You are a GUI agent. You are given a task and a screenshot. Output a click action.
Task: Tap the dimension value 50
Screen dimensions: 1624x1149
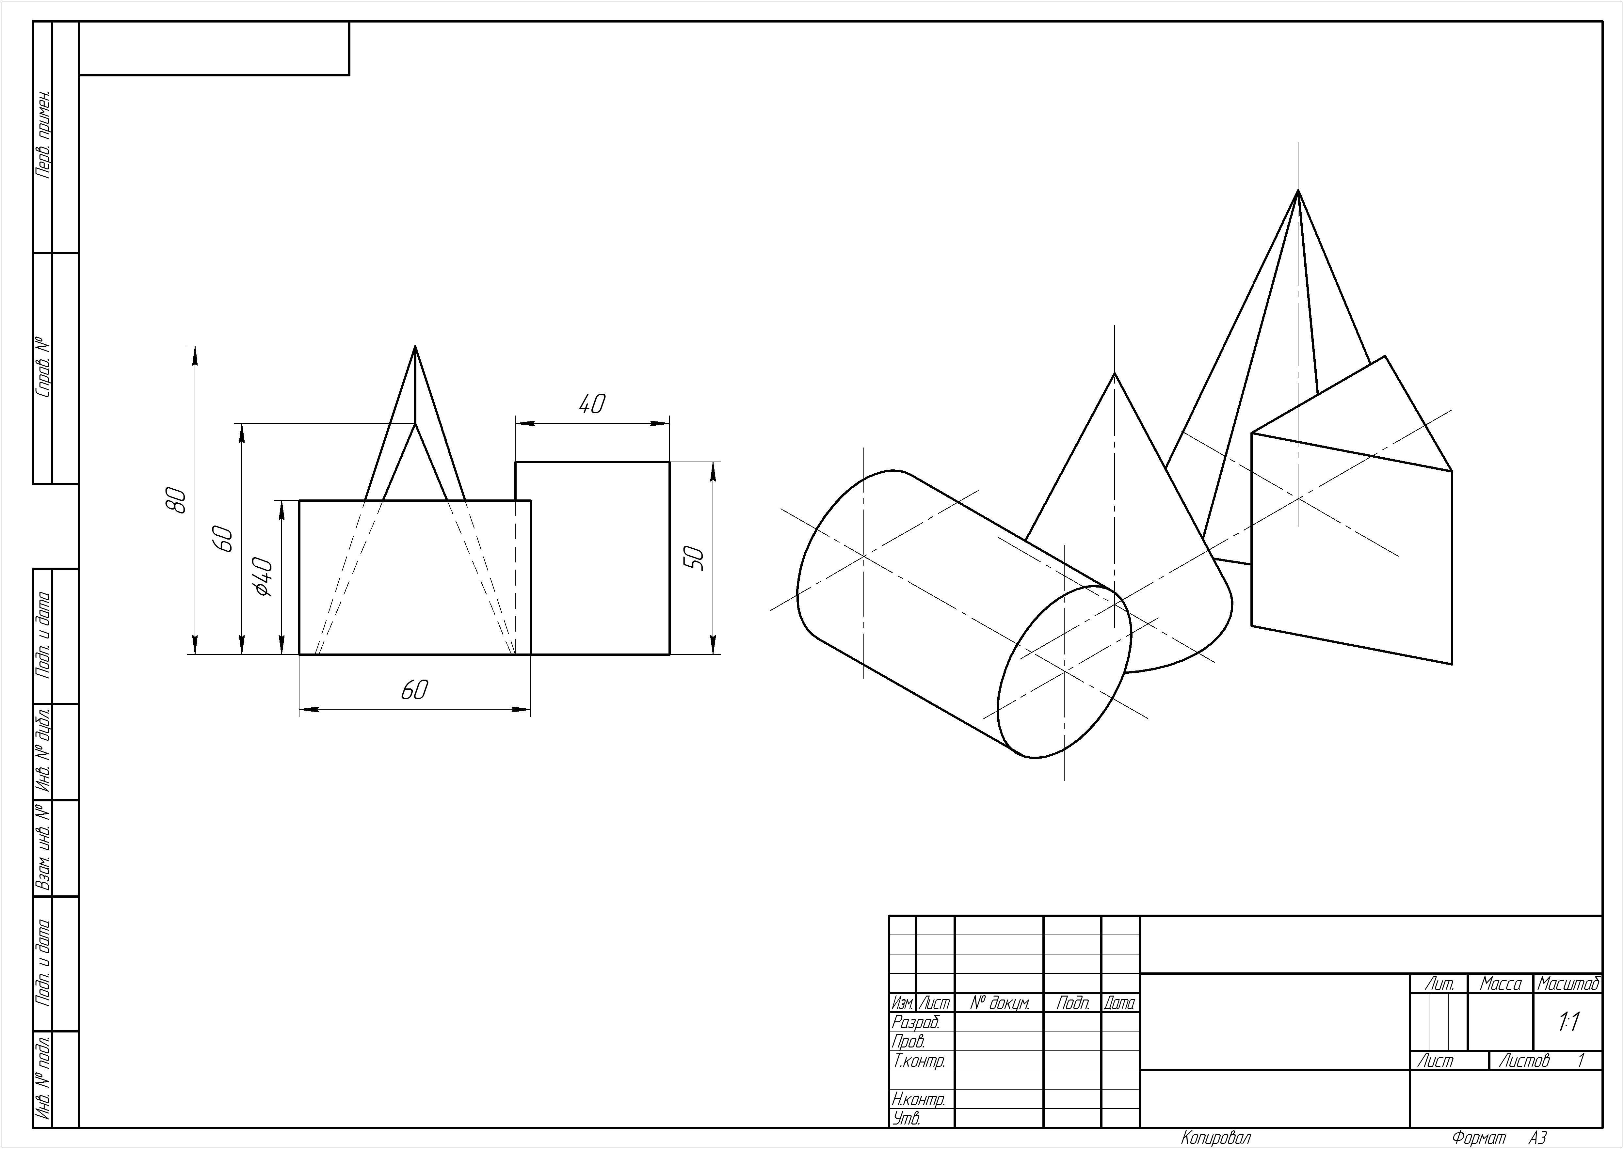pos(694,558)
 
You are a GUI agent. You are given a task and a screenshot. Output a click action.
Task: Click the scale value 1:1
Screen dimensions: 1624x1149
pos(1569,1022)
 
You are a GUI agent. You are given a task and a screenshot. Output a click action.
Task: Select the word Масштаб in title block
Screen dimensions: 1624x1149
pos(1568,984)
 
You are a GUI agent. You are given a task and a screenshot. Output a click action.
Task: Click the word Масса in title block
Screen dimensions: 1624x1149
pos(1500,984)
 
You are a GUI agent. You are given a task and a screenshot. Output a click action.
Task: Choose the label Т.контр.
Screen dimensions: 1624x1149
pos(919,1061)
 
